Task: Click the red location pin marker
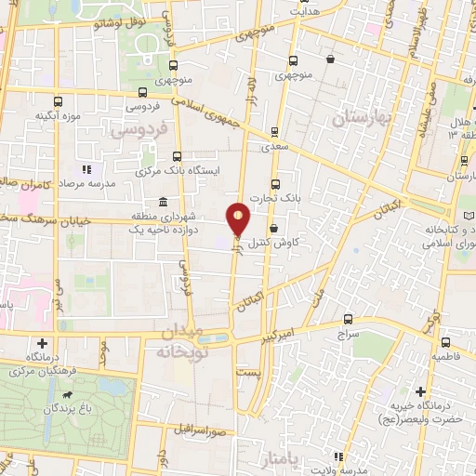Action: coord(239,218)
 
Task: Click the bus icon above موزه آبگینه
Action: coord(58,101)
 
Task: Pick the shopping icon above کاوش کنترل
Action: coord(272,227)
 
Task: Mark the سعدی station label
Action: coord(274,146)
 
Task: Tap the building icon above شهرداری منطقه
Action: coord(163,203)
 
